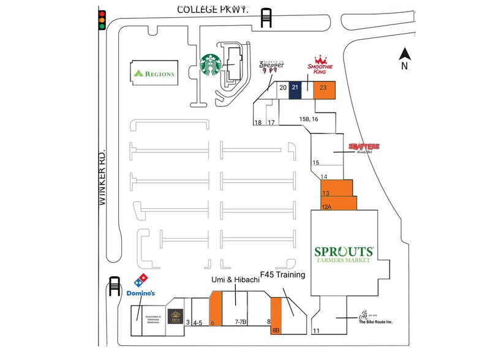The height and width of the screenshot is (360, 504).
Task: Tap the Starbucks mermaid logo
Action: click(x=211, y=66)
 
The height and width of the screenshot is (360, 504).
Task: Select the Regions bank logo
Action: click(x=154, y=74)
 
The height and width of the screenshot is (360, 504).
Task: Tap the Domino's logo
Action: click(x=140, y=286)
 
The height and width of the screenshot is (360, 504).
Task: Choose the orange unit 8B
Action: click(x=276, y=315)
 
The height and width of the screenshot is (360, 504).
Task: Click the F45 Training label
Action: click(x=282, y=275)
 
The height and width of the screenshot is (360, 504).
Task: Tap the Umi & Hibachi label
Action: click(x=235, y=279)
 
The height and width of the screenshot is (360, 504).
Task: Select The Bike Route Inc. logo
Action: click(x=375, y=318)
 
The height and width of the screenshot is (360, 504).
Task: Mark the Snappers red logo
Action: click(x=364, y=147)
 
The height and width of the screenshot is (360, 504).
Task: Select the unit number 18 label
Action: click(x=258, y=123)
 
